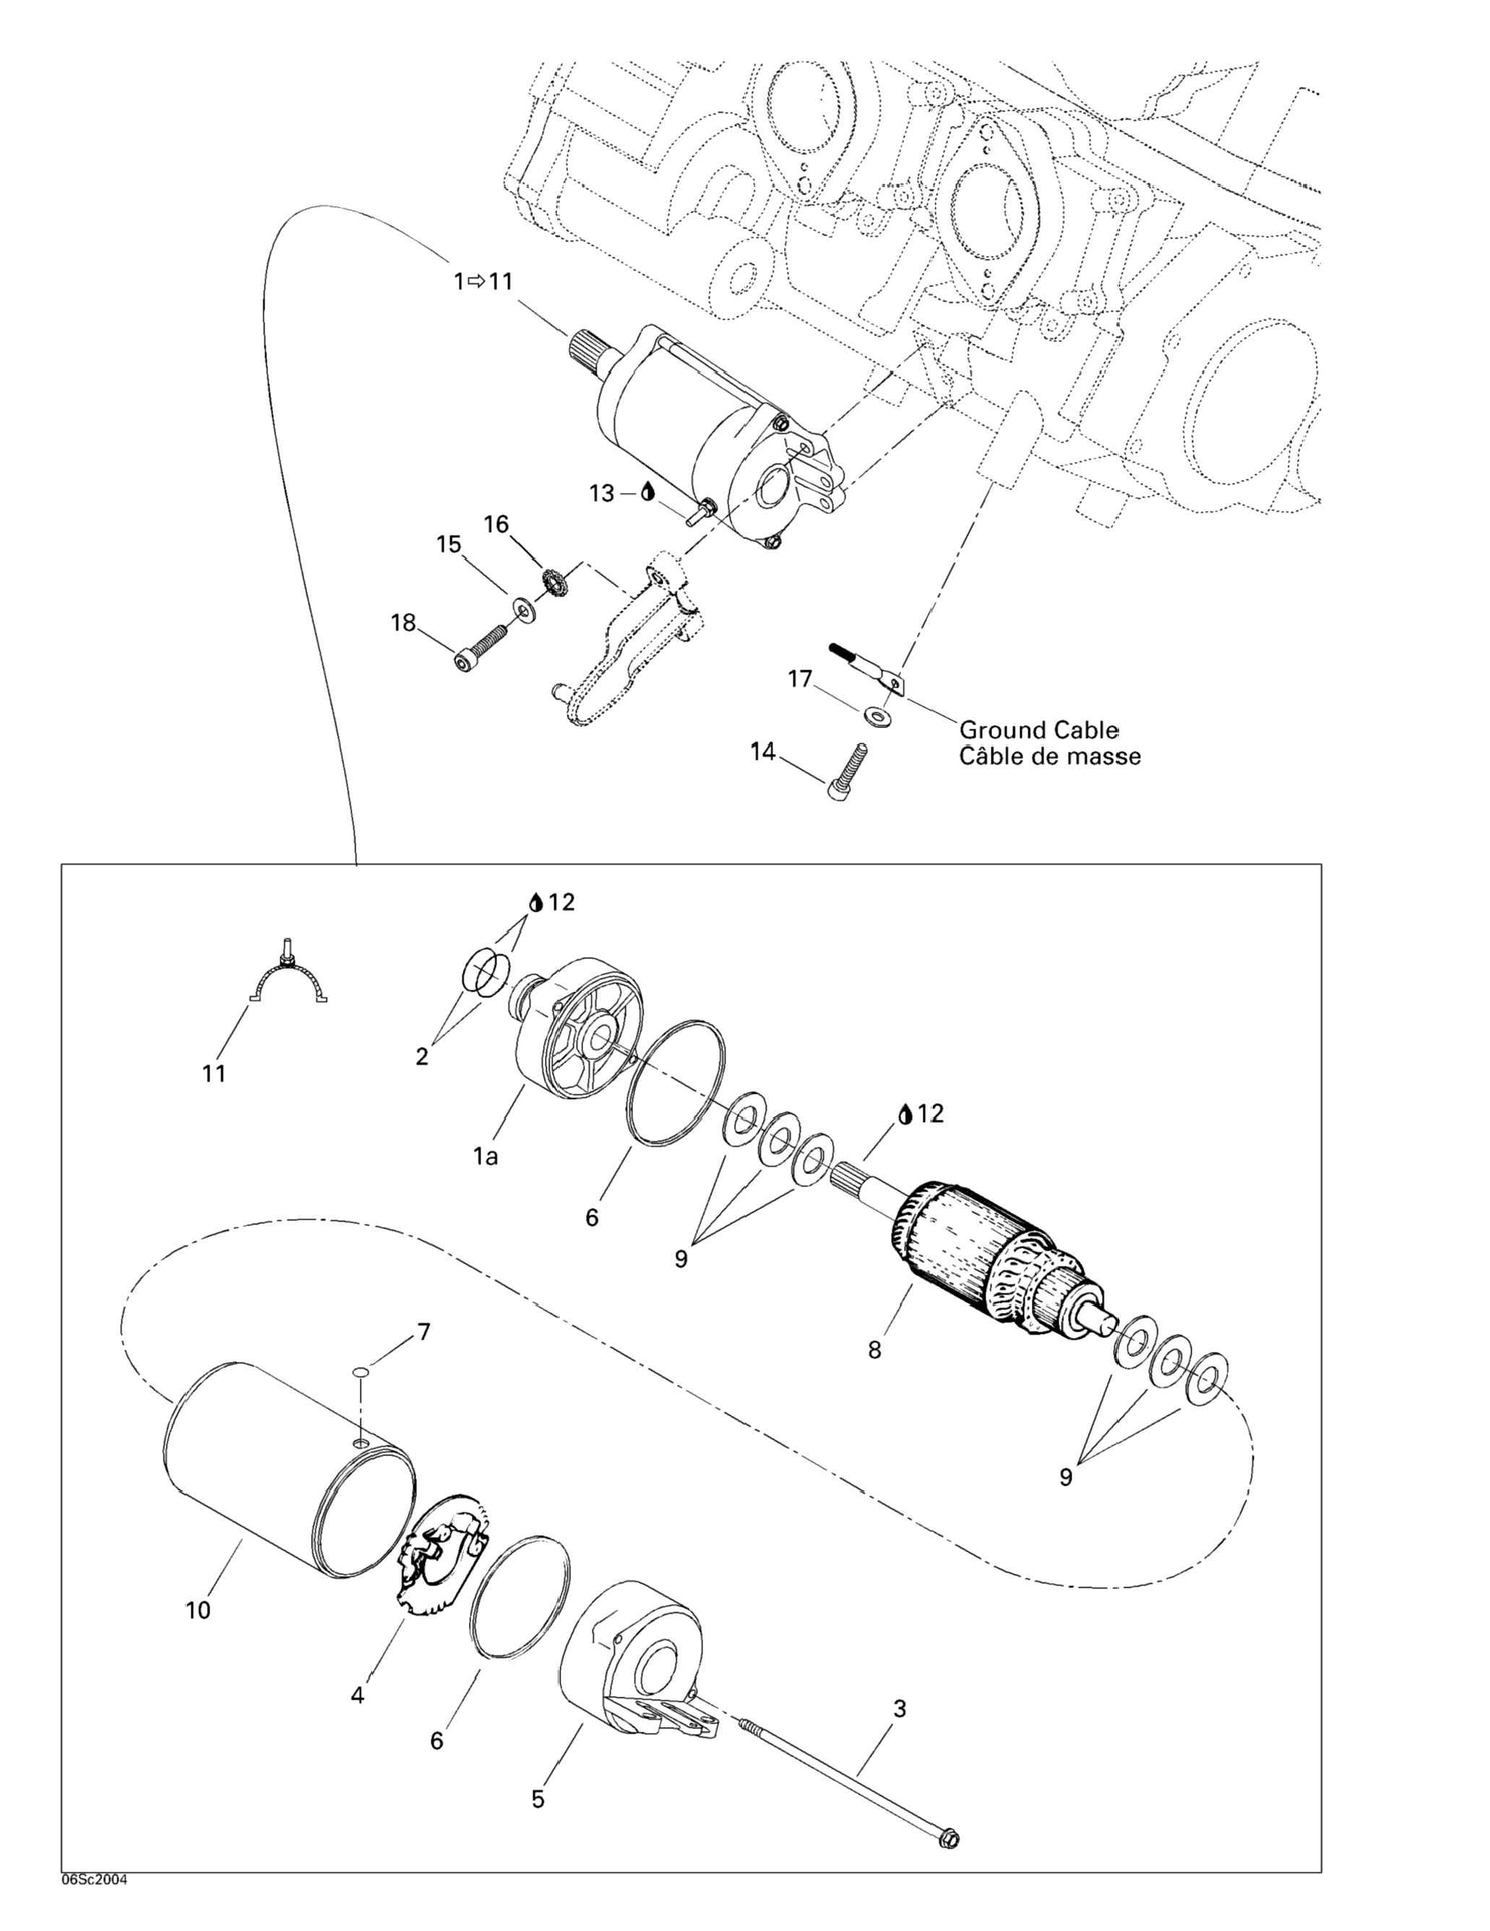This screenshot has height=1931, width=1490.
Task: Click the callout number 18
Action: click(x=403, y=622)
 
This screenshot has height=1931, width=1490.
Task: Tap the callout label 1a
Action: click(x=485, y=1155)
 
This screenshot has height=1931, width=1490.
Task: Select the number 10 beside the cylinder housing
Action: click(x=198, y=1610)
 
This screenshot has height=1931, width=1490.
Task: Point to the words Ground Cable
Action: click(x=1038, y=730)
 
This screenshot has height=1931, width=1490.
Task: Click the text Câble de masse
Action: click(x=1050, y=756)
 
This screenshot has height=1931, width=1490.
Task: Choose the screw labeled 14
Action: click(x=849, y=772)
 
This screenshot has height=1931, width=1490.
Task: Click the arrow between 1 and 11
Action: click(x=476, y=281)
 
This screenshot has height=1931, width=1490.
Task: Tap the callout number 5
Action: click(x=538, y=1799)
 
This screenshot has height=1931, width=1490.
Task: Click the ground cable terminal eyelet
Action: click(x=895, y=682)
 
